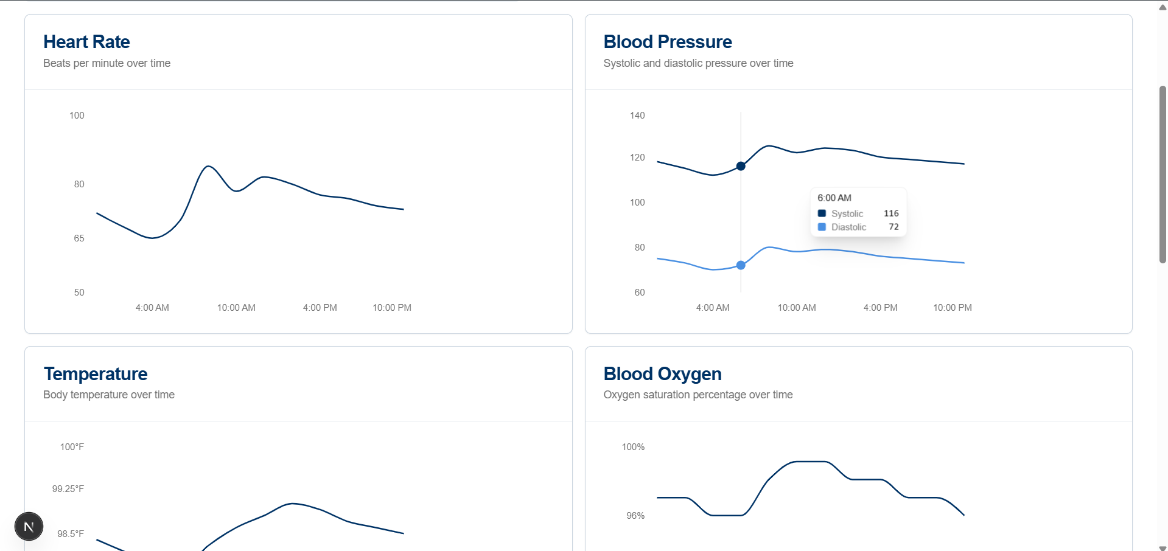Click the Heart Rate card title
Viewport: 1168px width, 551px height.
coord(86,42)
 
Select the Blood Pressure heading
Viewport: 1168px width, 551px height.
coord(667,42)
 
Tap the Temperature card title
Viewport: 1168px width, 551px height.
coord(96,374)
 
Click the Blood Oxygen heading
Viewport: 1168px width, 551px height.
coord(662,374)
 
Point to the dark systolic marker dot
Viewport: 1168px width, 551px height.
coord(741,166)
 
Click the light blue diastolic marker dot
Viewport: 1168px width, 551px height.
coord(741,265)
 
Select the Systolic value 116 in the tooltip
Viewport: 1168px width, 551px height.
coord(891,213)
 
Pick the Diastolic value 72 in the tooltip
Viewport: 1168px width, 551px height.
coord(893,227)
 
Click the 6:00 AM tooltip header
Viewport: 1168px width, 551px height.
coord(834,198)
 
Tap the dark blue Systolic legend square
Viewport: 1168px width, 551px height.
coord(822,213)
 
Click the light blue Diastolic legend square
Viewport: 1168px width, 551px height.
coord(822,227)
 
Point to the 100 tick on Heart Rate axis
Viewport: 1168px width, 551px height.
coord(77,116)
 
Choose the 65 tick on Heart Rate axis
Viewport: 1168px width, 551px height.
coord(79,238)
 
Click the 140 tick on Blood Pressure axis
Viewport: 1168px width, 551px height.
coord(637,116)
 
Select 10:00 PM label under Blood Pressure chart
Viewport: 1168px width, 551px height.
coord(952,308)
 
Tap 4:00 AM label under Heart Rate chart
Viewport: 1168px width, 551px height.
coord(152,308)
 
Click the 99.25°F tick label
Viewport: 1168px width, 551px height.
coord(68,489)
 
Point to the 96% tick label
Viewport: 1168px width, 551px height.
coord(635,516)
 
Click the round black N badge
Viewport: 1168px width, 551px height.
coord(29,527)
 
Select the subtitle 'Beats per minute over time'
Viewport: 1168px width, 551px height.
coord(107,63)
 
